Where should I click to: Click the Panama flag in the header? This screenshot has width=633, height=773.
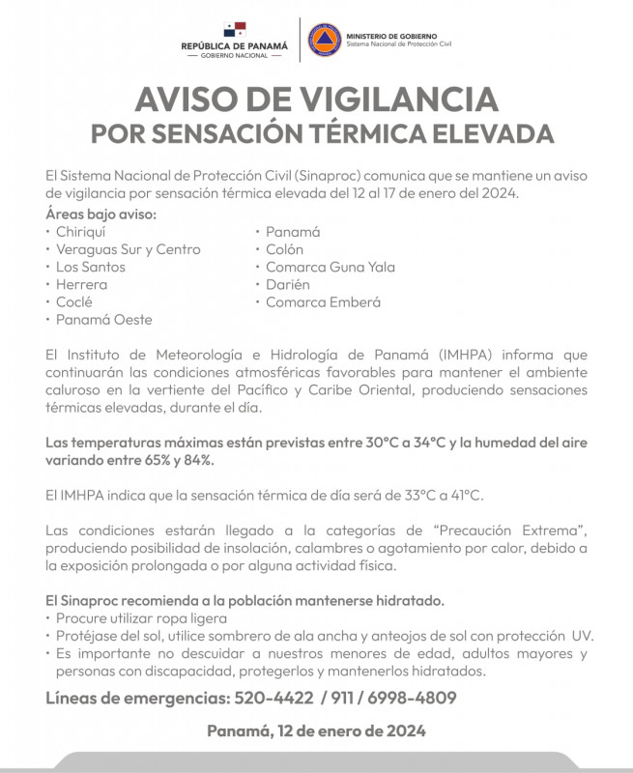234,29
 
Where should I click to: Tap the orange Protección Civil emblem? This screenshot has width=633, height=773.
324,40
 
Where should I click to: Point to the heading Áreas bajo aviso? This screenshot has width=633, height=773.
101,214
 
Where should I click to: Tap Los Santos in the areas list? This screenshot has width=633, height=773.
89,267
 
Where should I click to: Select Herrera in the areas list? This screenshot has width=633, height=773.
81,284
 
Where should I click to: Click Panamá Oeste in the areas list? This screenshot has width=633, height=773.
103,319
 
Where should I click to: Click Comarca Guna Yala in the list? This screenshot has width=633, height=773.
330,267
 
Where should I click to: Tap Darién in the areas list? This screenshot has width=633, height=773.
288,284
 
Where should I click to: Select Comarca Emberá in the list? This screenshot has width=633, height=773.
323,301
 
